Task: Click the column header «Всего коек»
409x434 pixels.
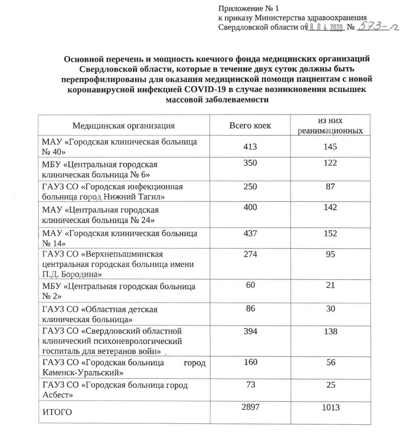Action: (250, 126)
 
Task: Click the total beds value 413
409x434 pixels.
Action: (250, 146)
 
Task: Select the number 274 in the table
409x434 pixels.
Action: (250, 253)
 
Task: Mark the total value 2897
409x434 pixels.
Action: (250, 409)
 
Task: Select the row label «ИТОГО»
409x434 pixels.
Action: (57, 412)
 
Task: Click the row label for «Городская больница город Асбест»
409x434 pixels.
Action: (115, 390)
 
